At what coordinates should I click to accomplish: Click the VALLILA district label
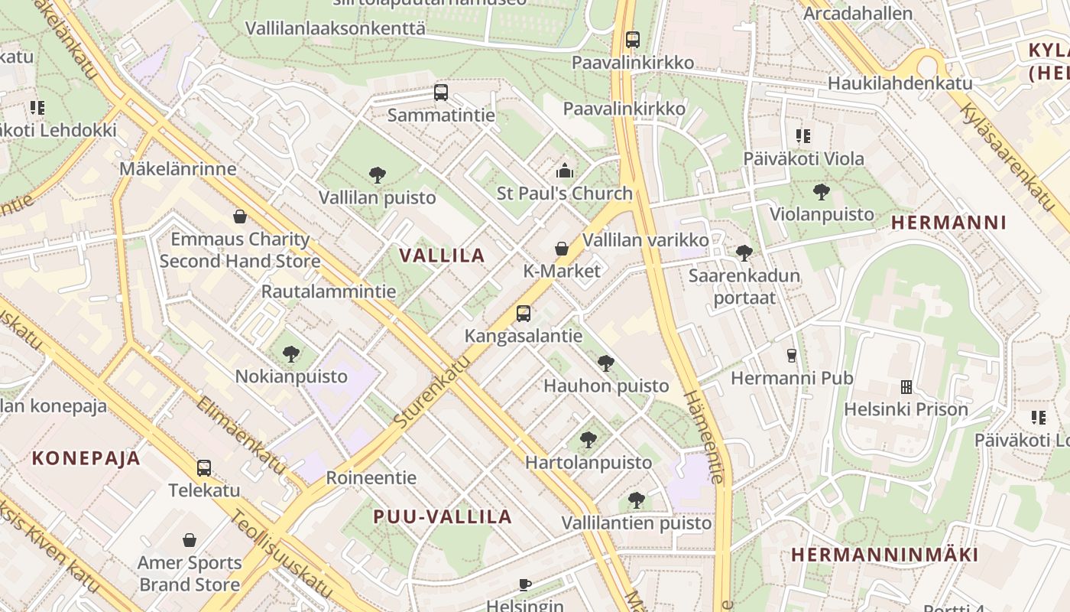click(442, 256)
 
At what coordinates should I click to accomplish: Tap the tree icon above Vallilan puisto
click(377, 175)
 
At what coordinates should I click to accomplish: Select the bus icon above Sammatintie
click(440, 93)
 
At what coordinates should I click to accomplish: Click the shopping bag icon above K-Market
click(561, 249)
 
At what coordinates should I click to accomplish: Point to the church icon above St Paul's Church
click(564, 170)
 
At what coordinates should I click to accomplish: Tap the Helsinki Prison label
click(906, 409)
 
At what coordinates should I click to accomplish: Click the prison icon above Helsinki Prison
click(906, 387)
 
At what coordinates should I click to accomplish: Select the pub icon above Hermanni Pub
click(791, 355)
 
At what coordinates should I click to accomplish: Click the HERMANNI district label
click(948, 223)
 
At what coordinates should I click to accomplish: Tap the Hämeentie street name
click(704, 437)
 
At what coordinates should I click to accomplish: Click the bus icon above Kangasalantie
click(523, 313)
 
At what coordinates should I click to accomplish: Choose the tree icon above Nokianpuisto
click(290, 353)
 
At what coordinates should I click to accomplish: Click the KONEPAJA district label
click(86, 458)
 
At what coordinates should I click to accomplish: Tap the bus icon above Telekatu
click(203, 468)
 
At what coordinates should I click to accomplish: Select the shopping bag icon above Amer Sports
click(190, 540)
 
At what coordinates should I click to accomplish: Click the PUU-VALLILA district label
click(443, 516)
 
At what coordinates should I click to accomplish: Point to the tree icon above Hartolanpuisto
click(588, 440)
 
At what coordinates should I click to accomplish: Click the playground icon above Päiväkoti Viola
click(802, 136)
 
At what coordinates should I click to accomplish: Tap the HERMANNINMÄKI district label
click(884, 555)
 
